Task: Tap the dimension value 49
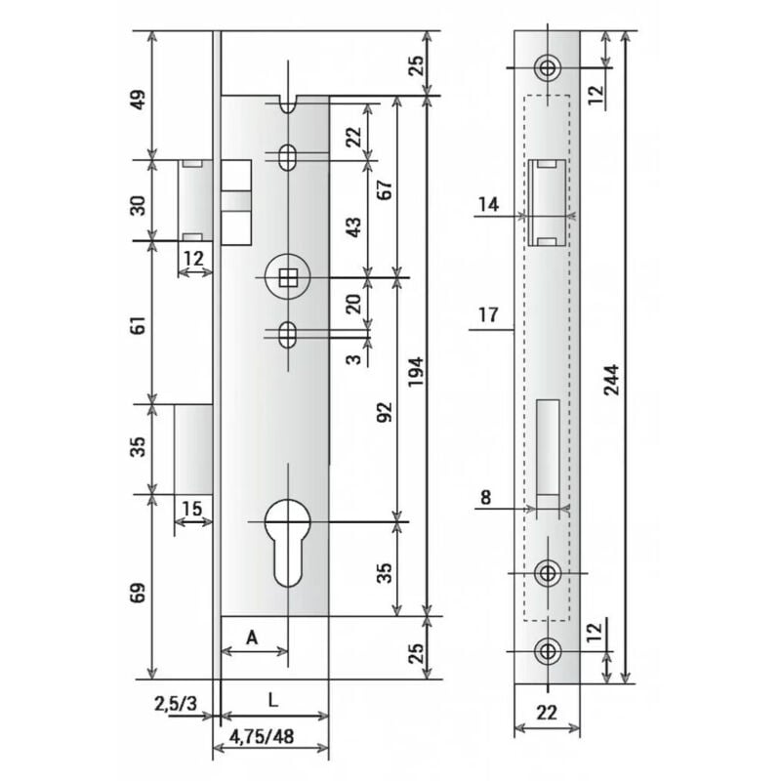(138, 101)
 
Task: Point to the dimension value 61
(138, 325)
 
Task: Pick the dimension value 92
(383, 415)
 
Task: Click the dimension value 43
(354, 226)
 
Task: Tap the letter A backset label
(251, 637)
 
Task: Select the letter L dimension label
(273, 700)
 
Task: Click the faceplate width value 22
(547, 712)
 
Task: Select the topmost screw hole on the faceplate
(548, 67)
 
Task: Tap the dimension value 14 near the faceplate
(489, 204)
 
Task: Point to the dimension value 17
(489, 314)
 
